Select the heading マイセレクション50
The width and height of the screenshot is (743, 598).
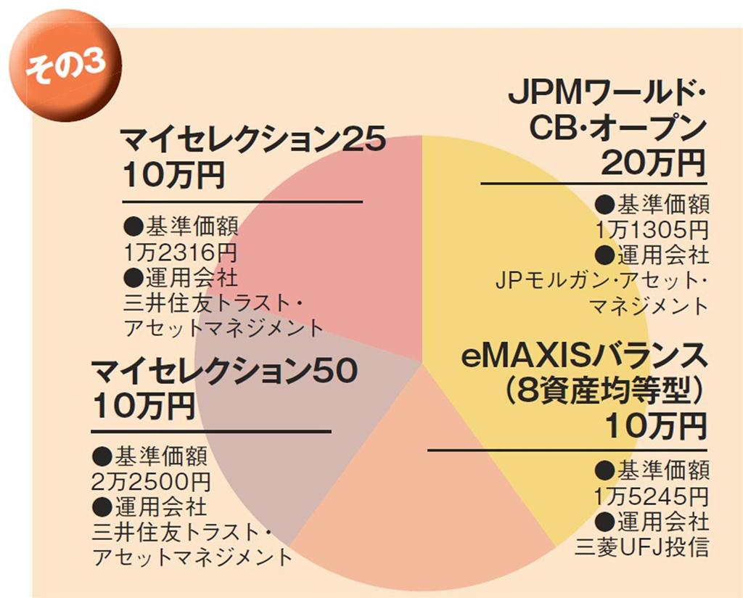(x=224, y=372)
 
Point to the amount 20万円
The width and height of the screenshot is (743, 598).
(x=652, y=163)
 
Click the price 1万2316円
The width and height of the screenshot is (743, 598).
(x=180, y=253)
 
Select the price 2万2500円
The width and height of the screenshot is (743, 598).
(x=152, y=481)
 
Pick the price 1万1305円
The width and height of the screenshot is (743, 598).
(x=651, y=230)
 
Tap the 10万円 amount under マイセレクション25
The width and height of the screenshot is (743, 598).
(x=174, y=176)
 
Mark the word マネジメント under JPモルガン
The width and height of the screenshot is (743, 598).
(x=647, y=305)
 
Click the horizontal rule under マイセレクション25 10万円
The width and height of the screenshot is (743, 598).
(x=242, y=202)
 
